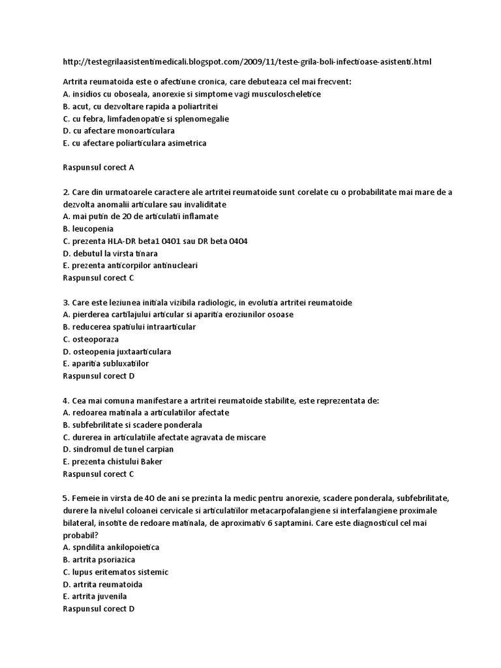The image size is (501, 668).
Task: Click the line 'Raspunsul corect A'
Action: pos(98,167)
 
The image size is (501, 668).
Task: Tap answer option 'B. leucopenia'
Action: pos(88,228)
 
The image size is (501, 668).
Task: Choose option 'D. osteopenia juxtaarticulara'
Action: pos(117,352)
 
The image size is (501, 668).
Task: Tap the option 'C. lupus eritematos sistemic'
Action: pos(115,572)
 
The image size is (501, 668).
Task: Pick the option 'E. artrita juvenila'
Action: pos(95,596)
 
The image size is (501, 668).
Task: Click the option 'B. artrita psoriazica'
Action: pos(99,560)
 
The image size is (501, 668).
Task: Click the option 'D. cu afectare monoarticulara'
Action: pos(119,130)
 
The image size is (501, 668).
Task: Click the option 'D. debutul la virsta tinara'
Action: pos(110,253)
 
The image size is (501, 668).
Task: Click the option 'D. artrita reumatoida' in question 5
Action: pos(102,584)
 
